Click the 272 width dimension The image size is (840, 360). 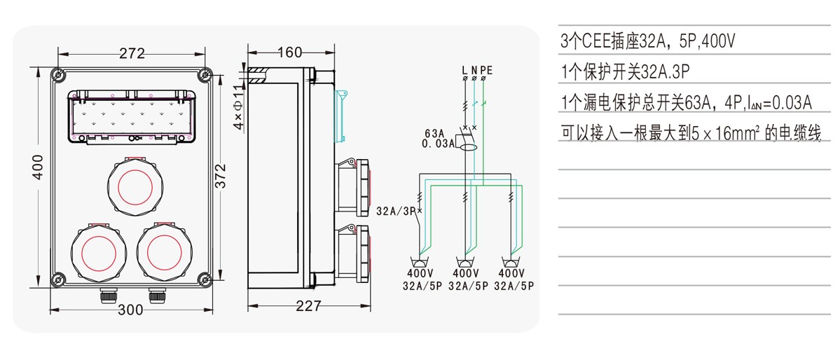coord(132,53)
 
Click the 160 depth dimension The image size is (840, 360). coord(289,53)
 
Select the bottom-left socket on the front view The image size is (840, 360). coord(98,251)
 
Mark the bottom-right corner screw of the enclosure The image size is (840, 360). coord(205,279)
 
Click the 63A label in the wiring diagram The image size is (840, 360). coord(435,132)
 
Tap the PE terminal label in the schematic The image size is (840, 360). coord(486,69)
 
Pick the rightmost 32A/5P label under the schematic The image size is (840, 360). coord(514,285)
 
